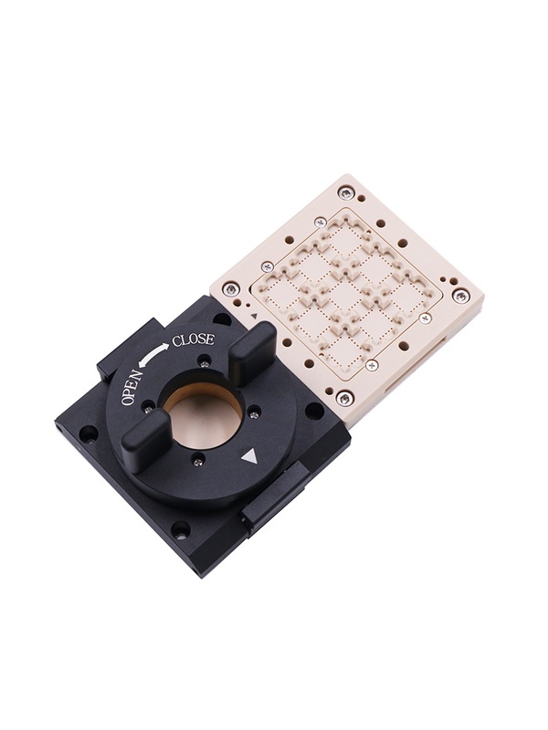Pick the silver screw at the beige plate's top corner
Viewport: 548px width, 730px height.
[344, 193]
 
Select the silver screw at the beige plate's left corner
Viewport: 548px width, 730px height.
[231, 289]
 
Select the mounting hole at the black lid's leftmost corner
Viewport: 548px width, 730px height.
[88, 433]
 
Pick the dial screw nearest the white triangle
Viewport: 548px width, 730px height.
[198, 463]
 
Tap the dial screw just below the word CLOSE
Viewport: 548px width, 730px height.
[205, 362]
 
